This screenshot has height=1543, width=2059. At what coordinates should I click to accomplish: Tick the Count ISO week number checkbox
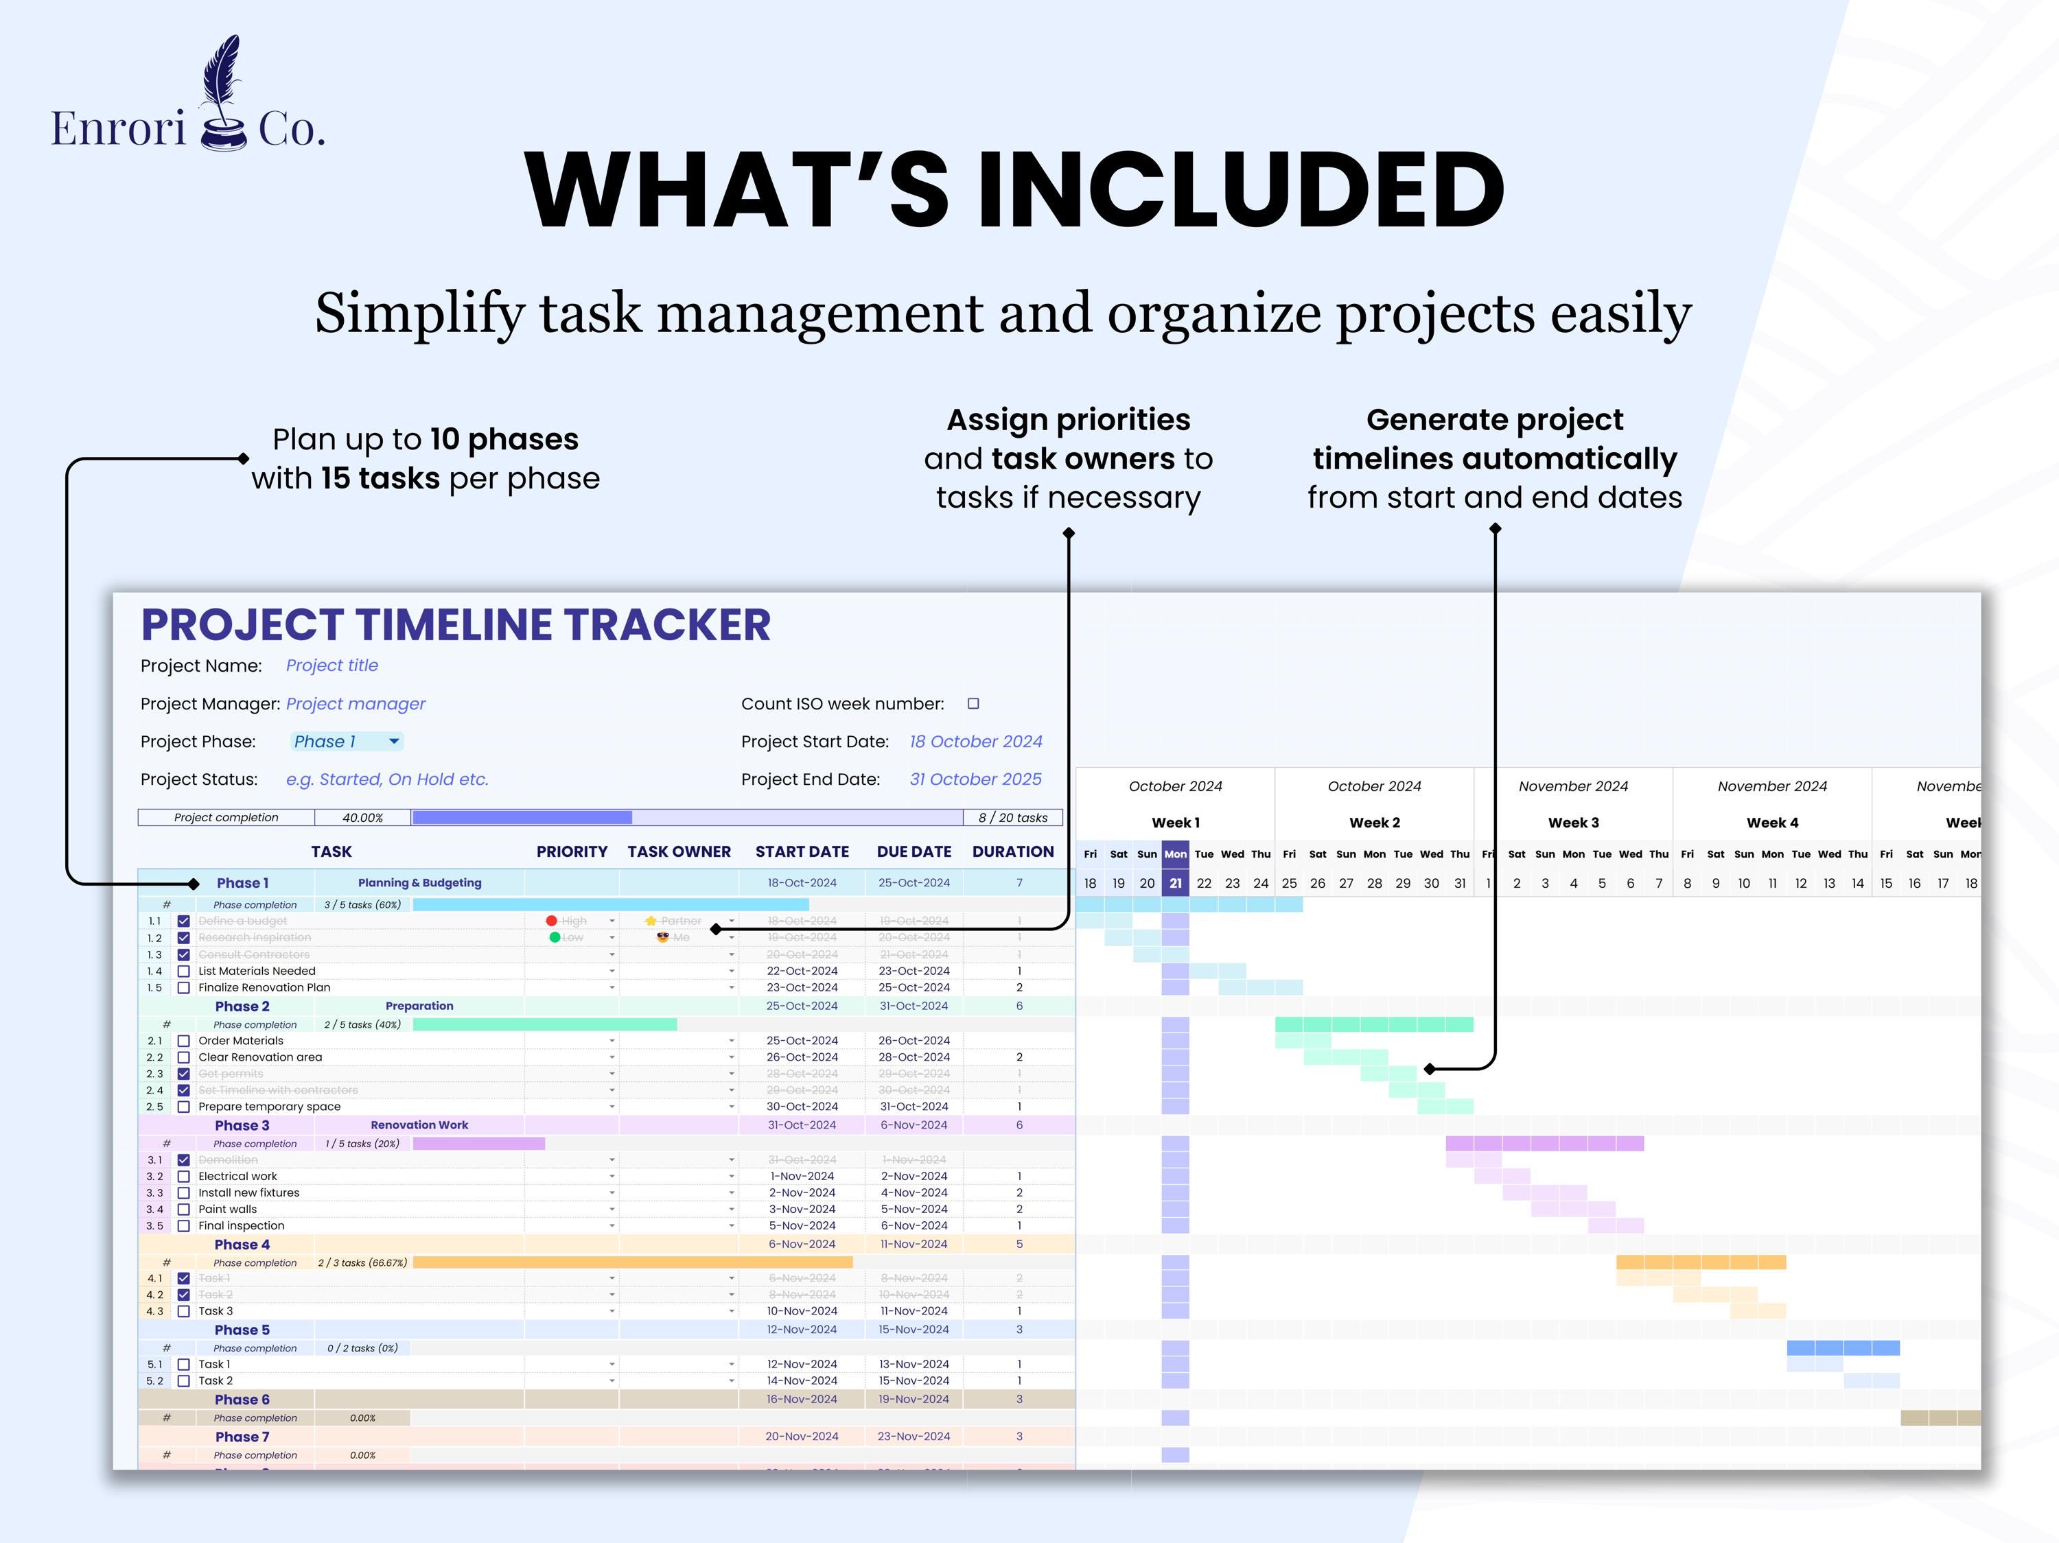(x=973, y=703)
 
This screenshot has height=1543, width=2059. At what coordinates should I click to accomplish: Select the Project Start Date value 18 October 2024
(x=975, y=742)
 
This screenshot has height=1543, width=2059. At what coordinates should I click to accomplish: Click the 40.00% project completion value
(x=362, y=818)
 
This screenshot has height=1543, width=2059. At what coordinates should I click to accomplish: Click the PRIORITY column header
(x=572, y=851)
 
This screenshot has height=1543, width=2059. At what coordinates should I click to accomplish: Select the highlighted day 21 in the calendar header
(x=1175, y=883)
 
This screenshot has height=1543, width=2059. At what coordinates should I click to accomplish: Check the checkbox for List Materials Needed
(x=183, y=971)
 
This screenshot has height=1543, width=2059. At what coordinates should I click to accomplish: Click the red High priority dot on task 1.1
(x=551, y=921)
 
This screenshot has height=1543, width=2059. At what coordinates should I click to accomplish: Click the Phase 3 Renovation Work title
(x=419, y=1125)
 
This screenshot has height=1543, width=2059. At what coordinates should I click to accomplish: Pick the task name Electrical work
(x=237, y=1177)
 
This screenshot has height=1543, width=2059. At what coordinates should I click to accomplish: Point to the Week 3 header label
(x=1573, y=823)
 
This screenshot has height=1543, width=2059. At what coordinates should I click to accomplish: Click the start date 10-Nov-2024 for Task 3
(x=802, y=1311)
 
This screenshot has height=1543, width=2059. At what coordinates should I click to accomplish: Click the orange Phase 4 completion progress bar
(x=632, y=1263)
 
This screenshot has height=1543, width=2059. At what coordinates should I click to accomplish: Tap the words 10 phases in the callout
(x=504, y=439)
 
